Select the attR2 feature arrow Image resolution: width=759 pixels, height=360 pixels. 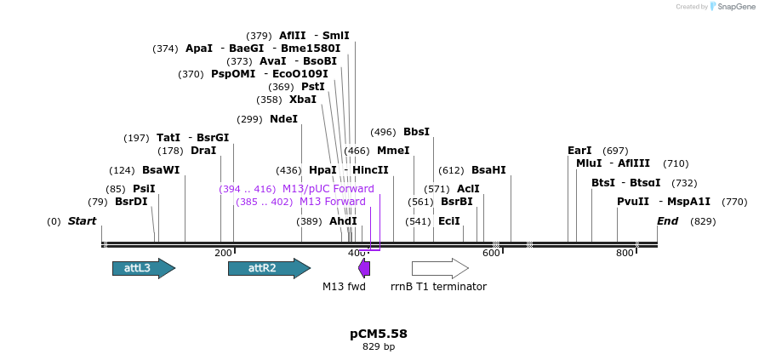(x=259, y=268)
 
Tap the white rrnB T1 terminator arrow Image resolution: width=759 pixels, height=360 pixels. (x=439, y=268)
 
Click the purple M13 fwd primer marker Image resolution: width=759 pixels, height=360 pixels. (x=364, y=268)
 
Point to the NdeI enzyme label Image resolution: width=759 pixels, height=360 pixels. (x=284, y=119)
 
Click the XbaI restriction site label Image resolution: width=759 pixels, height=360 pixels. (x=303, y=100)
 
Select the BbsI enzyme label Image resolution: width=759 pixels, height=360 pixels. (x=416, y=132)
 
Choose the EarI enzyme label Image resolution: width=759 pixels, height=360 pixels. (x=579, y=151)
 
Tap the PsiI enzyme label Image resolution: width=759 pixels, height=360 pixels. (x=144, y=189)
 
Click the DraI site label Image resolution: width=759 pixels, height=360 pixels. (x=203, y=151)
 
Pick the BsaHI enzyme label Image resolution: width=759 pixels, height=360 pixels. (x=488, y=170)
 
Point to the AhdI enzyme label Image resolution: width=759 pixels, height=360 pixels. (x=343, y=221)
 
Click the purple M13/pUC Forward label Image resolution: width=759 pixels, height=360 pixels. (x=328, y=189)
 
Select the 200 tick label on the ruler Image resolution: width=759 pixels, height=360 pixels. (x=224, y=253)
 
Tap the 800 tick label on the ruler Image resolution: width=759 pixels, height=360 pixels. (x=625, y=253)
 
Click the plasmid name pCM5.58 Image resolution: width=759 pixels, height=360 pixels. (x=379, y=334)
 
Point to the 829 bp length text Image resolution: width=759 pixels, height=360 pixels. (x=379, y=347)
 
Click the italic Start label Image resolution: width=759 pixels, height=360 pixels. (x=83, y=221)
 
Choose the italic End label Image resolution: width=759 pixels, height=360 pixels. (x=668, y=221)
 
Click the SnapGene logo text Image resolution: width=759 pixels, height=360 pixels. (x=737, y=7)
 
